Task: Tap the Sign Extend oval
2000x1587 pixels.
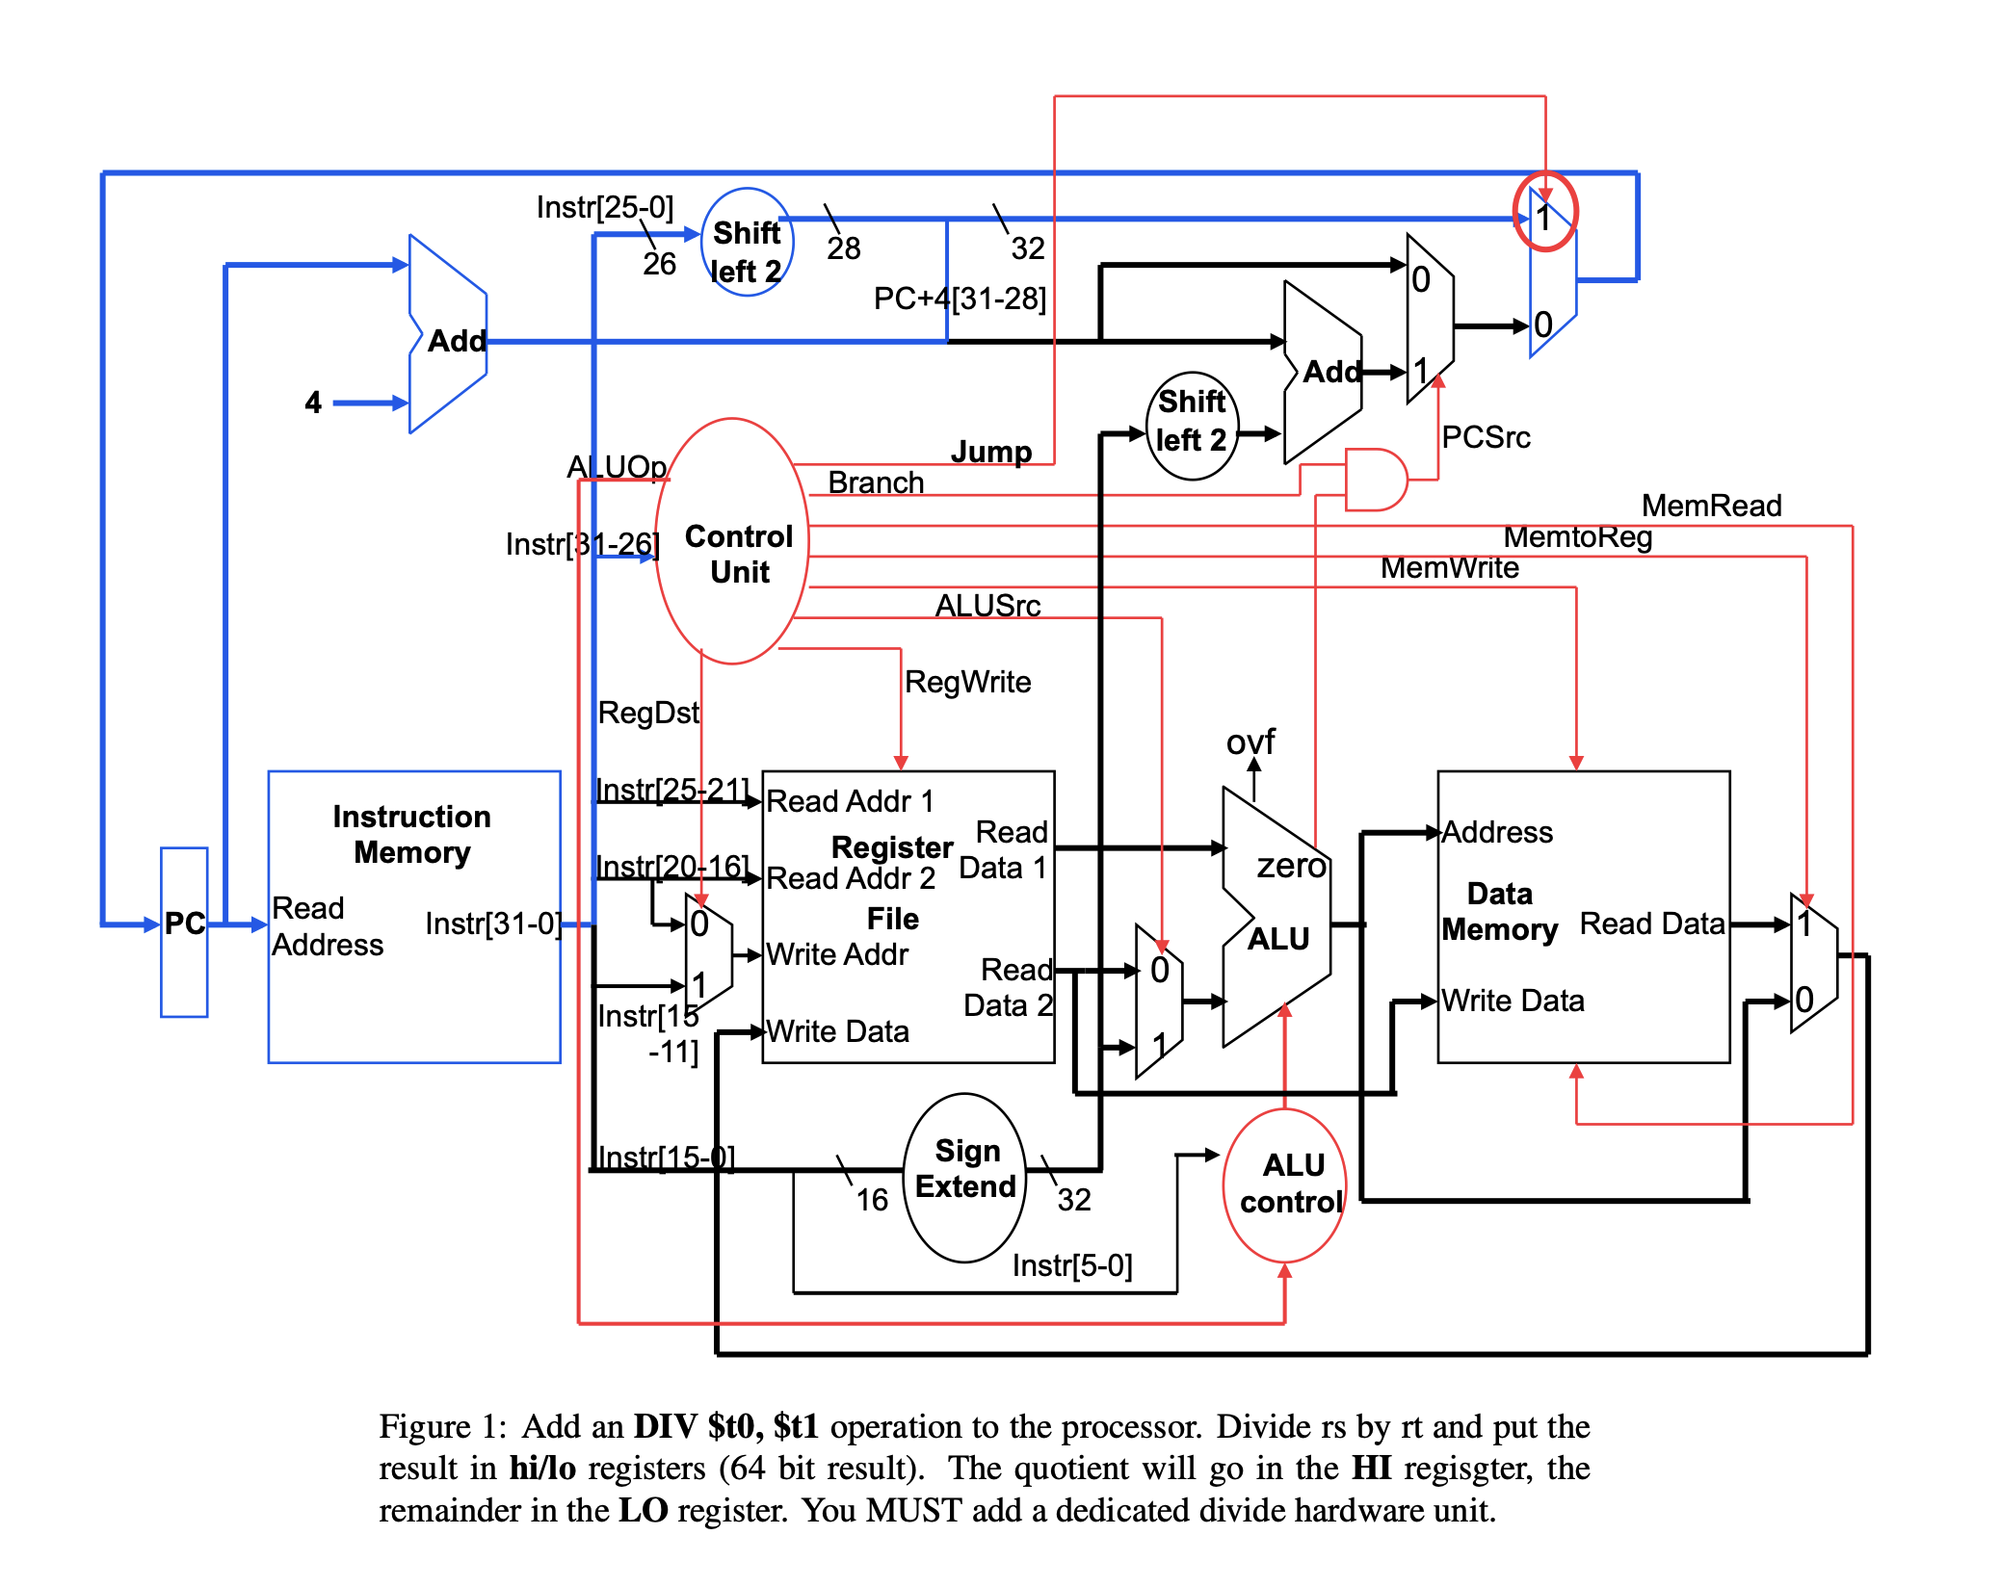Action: tap(965, 1177)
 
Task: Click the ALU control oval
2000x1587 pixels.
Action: tap(1285, 1184)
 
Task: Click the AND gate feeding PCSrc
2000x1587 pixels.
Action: tap(1375, 479)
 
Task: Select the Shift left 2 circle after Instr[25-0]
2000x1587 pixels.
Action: tap(747, 243)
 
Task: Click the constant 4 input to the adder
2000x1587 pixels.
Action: tap(313, 403)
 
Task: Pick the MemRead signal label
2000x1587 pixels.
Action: tap(1711, 506)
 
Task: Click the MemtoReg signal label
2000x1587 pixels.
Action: tap(1577, 537)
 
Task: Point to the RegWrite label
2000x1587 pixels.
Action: tap(967, 682)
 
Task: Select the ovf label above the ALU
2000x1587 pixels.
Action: tap(1250, 741)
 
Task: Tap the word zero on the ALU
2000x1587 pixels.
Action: tap(1291, 866)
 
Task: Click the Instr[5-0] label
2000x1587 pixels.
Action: tap(1071, 1265)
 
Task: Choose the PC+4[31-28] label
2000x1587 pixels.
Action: tap(960, 299)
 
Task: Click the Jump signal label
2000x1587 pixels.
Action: tap(990, 452)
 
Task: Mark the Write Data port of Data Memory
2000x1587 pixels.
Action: tap(1513, 1001)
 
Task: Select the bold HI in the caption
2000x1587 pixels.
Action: tap(1371, 1468)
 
